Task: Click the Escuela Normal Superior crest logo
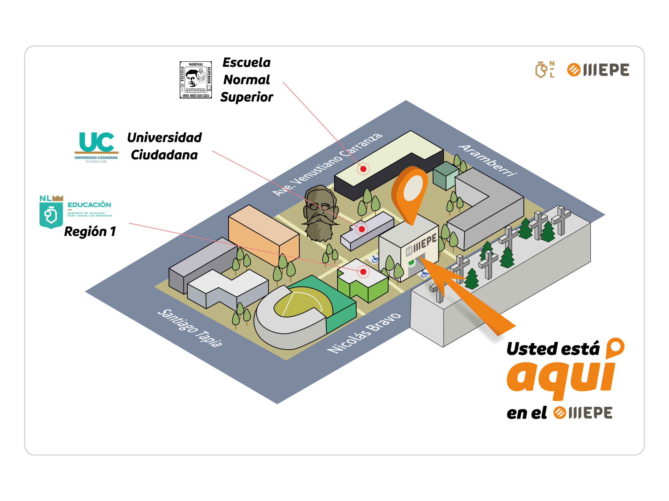196,80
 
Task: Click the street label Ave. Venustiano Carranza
327,164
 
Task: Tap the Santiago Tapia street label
190,328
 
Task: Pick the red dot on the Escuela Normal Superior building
363,169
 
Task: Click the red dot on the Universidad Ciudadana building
362,229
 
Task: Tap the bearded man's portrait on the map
320,213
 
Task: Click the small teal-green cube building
445,175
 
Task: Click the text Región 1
90,232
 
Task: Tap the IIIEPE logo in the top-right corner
598,70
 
